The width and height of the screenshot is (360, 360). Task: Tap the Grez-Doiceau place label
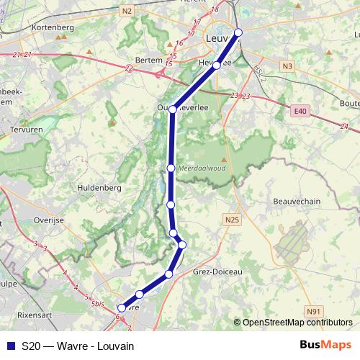point(218,272)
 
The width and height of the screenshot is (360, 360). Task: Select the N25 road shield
point(231,220)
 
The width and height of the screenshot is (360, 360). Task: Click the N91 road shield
point(312,310)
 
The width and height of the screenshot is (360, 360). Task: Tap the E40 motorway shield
point(300,111)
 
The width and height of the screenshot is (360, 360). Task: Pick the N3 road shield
point(288,66)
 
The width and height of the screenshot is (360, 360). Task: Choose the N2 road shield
point(127,10)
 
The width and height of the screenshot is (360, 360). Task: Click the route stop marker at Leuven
point(238,32)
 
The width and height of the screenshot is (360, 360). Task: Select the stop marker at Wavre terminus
point(122,307)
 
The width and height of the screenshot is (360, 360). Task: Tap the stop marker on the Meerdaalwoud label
point(171,168)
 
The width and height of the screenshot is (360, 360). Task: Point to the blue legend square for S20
point(11,346)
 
